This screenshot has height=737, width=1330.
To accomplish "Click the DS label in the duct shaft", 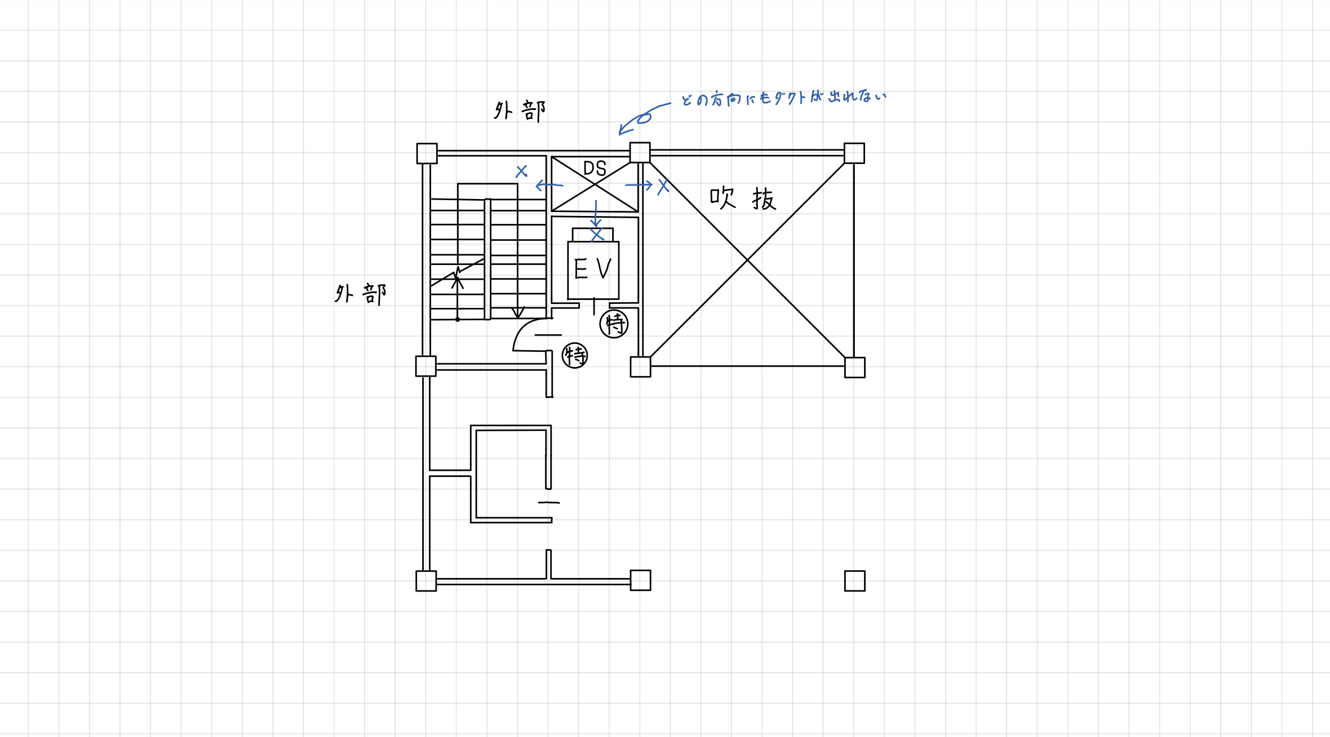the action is click(x=595, y=168).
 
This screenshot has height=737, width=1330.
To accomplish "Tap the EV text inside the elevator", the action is click(x=593, y=269).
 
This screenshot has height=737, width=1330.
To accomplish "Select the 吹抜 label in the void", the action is click(x=743, y=198).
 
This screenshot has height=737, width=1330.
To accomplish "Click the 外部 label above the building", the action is click(x=520, y=111).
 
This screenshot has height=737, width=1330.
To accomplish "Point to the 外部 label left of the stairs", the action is click(x=361, y=294).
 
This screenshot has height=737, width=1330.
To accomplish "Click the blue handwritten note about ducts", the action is click(x=783, y=98).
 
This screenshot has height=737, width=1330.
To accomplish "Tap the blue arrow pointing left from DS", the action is click(x=549, y=185).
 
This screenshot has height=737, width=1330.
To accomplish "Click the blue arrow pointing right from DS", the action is click(x=639, y=184).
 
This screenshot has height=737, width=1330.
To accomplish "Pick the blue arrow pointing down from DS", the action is click(x=596, y=213).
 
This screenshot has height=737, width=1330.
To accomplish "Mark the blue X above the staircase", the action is click(x=522, y=171).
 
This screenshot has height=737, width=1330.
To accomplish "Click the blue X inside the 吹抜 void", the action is click(x=663, y=186).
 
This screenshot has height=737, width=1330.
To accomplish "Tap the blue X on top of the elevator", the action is click(x=597, y=234).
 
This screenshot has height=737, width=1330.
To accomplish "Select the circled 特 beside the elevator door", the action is click(x=614, y=324).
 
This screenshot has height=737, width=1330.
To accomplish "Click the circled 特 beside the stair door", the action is click(x=575, y=356).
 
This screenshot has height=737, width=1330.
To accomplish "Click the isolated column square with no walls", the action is click(x=855, y=581).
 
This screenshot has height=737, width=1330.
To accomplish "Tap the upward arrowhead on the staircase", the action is click(x=458, y=276).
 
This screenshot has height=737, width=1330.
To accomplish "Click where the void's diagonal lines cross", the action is click(x=747, y=259).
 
